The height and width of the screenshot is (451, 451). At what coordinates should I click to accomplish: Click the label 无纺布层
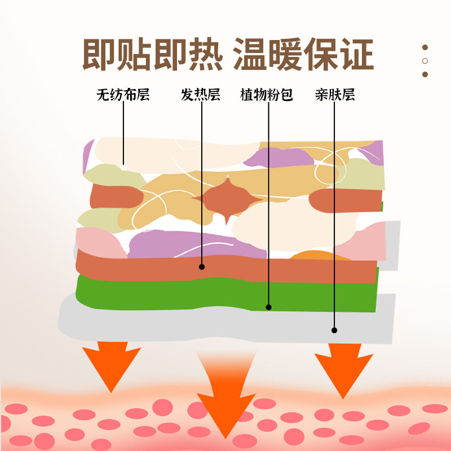(123, 94)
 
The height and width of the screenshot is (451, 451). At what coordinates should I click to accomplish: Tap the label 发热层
(200, 94)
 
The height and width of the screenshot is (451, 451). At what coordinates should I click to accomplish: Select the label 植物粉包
(267, 94)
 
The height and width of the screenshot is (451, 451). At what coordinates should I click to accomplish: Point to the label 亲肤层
(335, 94)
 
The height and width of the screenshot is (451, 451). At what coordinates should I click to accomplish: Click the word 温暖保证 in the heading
(303, 55)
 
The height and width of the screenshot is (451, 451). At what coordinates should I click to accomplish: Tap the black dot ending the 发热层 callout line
(202, 266)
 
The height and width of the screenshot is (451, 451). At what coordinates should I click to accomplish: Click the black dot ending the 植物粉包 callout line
(269, 307)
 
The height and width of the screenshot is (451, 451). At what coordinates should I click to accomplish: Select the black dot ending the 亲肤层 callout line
(334, 330)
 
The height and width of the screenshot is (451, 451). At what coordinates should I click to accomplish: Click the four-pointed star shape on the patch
(226, 200)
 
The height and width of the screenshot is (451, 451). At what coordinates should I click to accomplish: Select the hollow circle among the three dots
(425, 61)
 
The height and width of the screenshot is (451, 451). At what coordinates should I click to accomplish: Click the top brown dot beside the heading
(425, 48)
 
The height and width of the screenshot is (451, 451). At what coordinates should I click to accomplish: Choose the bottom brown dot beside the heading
(425, 74)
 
